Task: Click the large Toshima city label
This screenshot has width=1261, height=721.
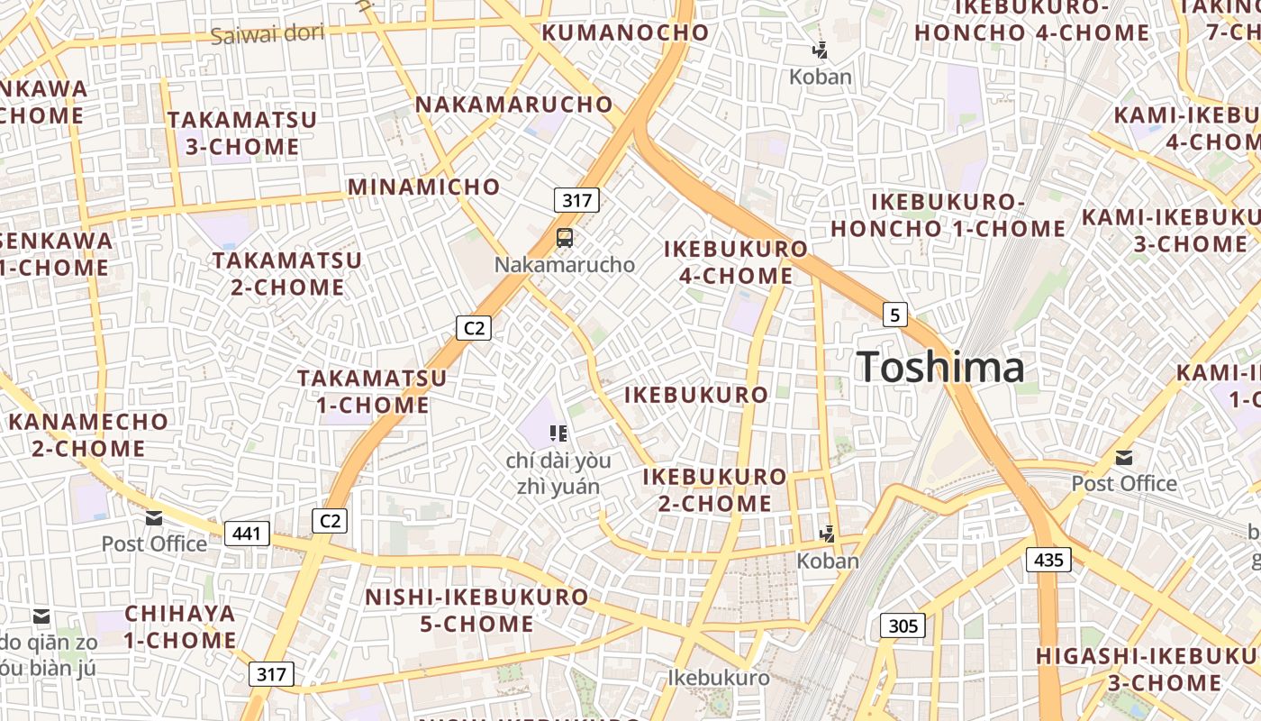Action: click(940, 368)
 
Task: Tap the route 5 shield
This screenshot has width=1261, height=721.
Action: click(894, 315)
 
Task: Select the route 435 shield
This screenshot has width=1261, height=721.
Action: click(1048, 560)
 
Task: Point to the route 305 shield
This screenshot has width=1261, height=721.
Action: click(903, 625)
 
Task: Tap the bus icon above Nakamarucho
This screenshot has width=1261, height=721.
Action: click(565, 238)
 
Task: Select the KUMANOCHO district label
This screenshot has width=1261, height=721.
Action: click(625, 32)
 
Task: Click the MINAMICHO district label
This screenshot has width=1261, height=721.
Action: click(423, 187)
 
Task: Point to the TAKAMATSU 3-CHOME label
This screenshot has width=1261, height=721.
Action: click(241, 132)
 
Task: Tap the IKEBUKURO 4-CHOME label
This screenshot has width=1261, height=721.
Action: click(736, 262)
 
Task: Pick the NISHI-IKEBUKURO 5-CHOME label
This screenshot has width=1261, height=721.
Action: click(476, 610)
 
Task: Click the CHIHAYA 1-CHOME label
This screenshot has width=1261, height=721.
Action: click(180, 627)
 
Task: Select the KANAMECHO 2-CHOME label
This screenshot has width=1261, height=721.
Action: click(88, 434)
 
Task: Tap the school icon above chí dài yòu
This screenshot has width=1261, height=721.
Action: click(558, 434)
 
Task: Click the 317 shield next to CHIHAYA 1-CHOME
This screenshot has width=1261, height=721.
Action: click(271, 674)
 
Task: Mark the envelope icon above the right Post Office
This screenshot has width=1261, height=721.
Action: click(1124, 458)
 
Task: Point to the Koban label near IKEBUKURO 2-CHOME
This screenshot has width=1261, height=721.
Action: click(828, 561)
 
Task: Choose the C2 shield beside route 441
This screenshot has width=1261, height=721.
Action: click(330, 520)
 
